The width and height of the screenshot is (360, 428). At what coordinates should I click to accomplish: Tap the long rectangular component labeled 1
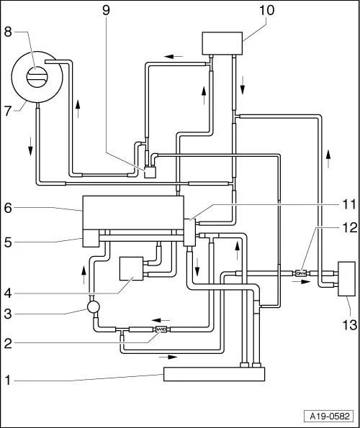(214, 374)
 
